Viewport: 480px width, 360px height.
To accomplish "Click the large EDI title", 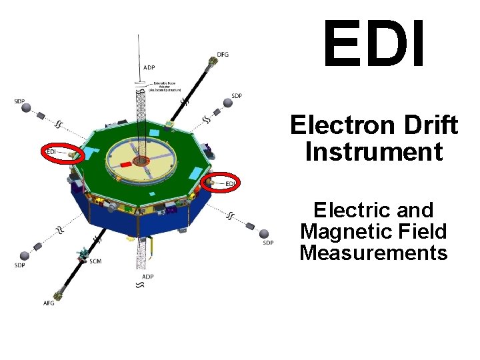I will [374, 46].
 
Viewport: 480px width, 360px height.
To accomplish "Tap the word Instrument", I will [374, 152].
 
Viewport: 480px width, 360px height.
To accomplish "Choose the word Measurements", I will [373, 253].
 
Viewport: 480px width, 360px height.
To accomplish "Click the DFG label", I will [223, 54].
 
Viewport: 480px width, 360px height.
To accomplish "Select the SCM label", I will [95, 261].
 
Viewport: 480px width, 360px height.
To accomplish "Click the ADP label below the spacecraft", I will [148, 276].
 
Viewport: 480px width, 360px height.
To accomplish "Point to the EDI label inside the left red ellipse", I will [51, 152].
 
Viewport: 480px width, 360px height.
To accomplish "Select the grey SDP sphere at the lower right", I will [265, 233].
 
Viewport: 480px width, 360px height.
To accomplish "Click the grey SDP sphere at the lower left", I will [25, 255].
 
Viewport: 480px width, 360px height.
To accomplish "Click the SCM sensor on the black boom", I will [83, 253].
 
